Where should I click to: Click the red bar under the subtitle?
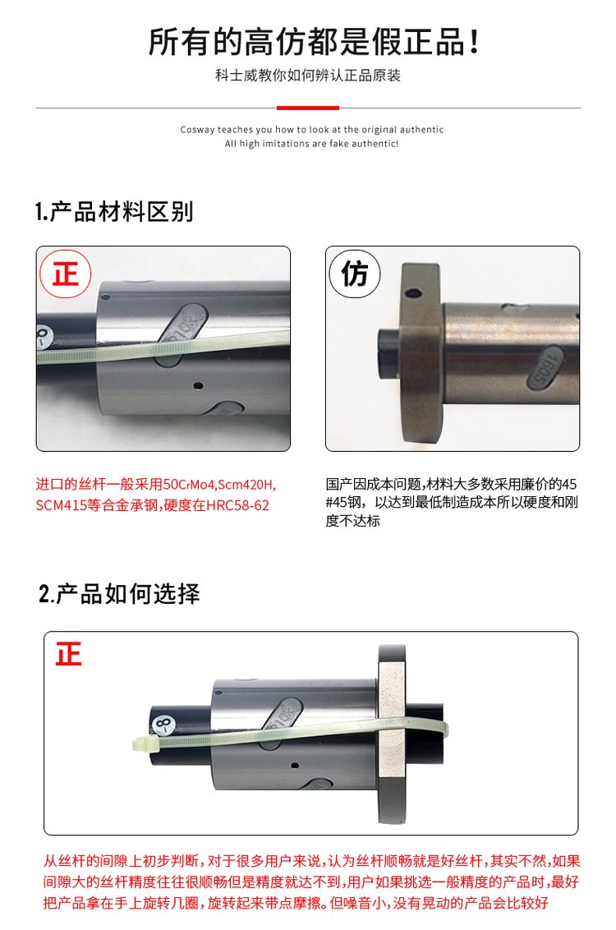pyautogui.click(x=308, y=108)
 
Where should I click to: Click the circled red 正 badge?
pyautogui.click(x=65, y=274)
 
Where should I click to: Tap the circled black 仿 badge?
pyautogui.click(x=355, y=274)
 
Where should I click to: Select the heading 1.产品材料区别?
pyautogui.click(x=114, y=212)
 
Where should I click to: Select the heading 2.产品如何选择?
pyautogui.click(x=119, y=594)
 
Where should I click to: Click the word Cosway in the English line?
pyautogui.click(x=197, y=130)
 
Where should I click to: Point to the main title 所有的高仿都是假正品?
pyautogui.click(x=314, y=42)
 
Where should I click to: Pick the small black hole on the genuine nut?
pyautogui.click(x=198, y=385)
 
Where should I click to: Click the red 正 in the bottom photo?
pyautogui.click(x=69, y=654)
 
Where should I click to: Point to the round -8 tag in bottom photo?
pyautogui.click(x=164, y=724)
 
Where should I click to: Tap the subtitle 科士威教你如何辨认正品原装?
pyautogui.click(x=308, y=76)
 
